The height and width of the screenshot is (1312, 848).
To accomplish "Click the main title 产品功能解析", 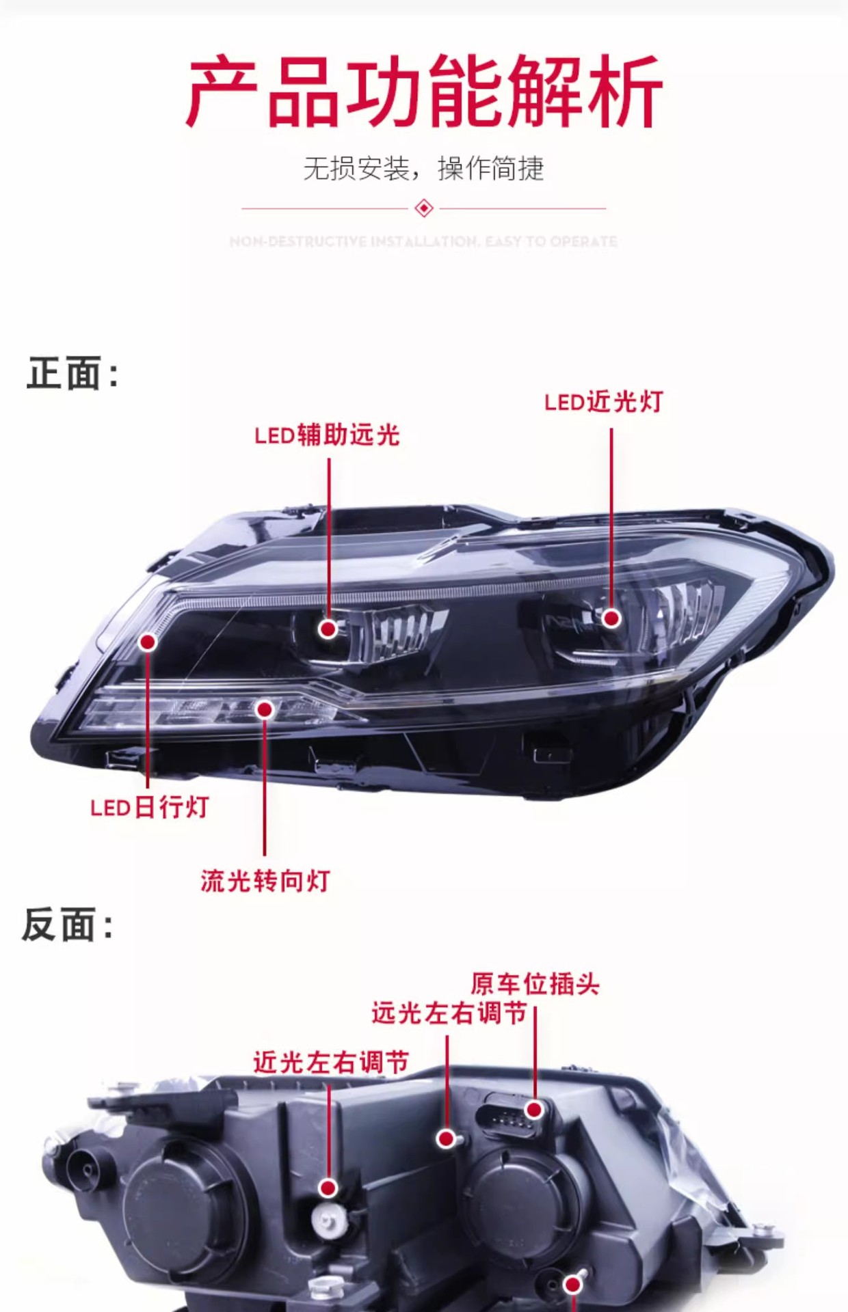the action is (x=424, y=92).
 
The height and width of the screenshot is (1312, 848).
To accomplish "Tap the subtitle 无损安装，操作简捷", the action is (x=423, y=168).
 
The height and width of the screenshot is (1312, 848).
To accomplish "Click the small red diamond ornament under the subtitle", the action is (x=424, y=208).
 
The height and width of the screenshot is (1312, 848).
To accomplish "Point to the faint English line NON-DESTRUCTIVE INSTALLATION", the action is (x=423, y=241).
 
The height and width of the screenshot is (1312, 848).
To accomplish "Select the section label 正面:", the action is (x=72, y=374).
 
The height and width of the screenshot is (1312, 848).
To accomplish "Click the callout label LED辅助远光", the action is (x=327, y=435).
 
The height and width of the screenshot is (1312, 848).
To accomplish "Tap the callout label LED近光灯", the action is (x=604, y=402).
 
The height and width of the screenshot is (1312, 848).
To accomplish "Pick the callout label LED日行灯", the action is (x=149, y=808).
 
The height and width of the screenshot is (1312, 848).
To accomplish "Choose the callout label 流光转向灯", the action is (x=265, y=881).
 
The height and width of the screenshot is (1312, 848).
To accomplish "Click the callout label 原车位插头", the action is (x=535, y=984).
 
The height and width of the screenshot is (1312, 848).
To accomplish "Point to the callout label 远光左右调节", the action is (x=449, y=1013).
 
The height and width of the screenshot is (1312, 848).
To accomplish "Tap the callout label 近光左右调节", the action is (x=331, y=1063).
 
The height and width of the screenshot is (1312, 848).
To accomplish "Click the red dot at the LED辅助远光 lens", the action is (x=328, y=629).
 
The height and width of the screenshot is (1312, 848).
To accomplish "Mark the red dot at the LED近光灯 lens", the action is (x=611, y=618).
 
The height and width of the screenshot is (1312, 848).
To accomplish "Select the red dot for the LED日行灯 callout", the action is (x=148, y=642).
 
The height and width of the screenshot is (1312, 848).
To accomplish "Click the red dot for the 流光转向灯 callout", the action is (x=265, y=709).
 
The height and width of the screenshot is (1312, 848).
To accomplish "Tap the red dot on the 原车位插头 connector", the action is (x=534, y=1108).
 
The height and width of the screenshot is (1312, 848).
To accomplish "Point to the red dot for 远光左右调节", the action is (x=447, y=1138).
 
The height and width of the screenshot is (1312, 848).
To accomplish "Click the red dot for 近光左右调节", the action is (x=329, y=1188).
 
